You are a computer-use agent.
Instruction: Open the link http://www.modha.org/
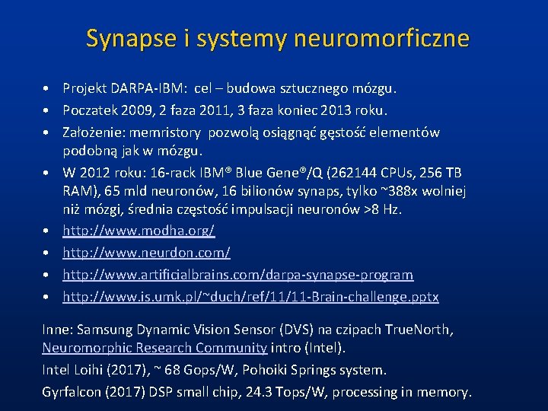139,230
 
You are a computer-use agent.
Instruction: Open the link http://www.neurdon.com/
146,252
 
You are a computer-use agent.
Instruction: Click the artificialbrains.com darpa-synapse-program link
237,274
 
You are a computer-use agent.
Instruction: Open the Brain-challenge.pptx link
250,296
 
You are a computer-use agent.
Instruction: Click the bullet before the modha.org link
46,230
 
